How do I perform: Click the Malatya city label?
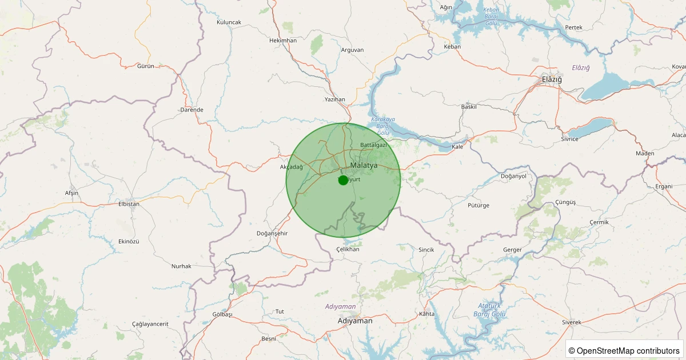click(x=364, y=165)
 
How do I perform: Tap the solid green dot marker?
click(x=343, y=180)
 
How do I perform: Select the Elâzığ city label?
click(x=552, y=79)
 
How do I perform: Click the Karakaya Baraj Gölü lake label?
click(x=382, y=126)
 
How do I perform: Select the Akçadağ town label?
click(x=291, y=167)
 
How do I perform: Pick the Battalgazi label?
click(x=373, y=145)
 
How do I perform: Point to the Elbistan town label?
click(x=129, y=203)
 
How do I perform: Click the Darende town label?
click(x=192, y=110)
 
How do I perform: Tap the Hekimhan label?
click(x=283, y=41)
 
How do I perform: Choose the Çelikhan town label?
click(x=348, y=249)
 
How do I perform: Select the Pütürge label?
click(x=478, y=205)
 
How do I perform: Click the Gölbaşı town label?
click(x=222, y=315)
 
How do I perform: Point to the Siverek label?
click(x=572, y=322)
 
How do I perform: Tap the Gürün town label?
click(x=146, y=66)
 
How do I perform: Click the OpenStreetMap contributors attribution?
click(x=624, y=350)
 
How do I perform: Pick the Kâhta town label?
click(x=426, y=314)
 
